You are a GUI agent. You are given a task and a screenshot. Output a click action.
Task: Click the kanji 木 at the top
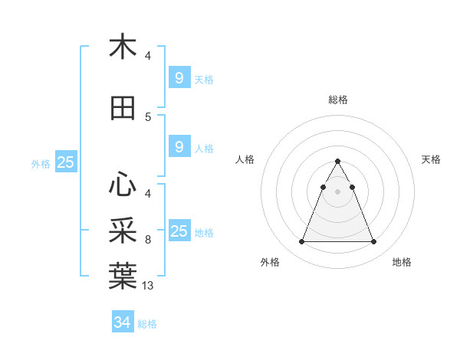(x=123, y=47)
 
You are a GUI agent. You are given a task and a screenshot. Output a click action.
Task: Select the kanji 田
(x=123, y=109)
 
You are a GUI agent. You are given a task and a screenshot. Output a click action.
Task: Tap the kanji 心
(x=123, y=183)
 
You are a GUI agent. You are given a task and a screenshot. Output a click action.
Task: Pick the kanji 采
(x=123, y=230)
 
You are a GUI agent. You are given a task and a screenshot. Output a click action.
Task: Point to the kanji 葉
(x=123, y=276)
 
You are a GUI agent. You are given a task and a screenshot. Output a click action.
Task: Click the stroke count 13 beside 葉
(x=148, y=286)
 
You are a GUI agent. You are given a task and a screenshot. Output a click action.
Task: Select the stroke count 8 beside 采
(x=148, y=240)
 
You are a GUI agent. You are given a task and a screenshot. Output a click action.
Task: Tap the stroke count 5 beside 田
(x=148, y=117)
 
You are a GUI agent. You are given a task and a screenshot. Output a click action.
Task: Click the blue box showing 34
(x=122, y=322)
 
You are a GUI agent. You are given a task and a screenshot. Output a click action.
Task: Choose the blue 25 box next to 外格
(x=65, y=162)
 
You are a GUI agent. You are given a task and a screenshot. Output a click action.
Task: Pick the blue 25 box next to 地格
(x=179, y=231)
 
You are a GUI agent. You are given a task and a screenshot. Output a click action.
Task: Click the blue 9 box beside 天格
(x=179, y=78)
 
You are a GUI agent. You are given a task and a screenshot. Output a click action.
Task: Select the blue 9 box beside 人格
(x=179, y=147)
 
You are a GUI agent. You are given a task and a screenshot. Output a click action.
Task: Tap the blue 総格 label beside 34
(x=147, y=324)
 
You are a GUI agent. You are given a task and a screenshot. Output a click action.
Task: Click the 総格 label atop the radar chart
(x=338, y=100)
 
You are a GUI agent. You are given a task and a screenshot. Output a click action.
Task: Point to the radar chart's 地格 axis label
(x=402, y=263)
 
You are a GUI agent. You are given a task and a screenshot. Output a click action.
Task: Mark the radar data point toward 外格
(x=301, y=242)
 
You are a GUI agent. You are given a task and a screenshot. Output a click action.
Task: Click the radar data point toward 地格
(x=374, y=242)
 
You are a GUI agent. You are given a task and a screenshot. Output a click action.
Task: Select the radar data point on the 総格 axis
(x=338, y=162)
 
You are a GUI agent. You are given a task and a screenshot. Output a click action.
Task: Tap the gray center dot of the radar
(x=338, y=191)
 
